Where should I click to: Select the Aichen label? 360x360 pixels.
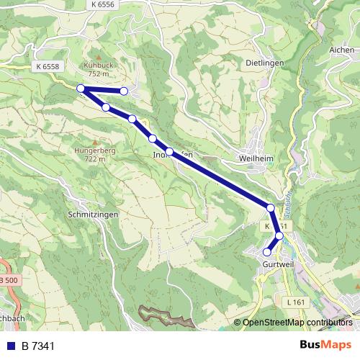click(341, 50)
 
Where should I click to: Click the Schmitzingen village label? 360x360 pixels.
click(91, 215)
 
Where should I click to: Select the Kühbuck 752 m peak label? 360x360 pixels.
click(97, 68)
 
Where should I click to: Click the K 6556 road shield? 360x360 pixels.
click(104, 4)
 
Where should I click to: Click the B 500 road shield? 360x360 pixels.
click(6, 279)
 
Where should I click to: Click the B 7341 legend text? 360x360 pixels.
click(37, 346)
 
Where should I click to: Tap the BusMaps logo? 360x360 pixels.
click(325, 345)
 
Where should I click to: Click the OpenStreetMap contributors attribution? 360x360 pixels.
click(297, 323)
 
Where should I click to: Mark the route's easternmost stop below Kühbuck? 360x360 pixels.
click(125, 91)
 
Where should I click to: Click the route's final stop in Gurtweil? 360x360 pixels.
click(266, 252)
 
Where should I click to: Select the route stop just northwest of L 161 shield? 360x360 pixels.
click(279, 235)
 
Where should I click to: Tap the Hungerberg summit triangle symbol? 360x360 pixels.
click(94, 141)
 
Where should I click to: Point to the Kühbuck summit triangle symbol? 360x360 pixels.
click(97, 55)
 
